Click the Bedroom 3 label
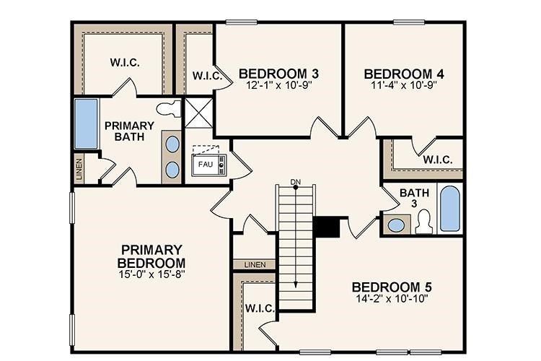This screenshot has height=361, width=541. pos(278,73)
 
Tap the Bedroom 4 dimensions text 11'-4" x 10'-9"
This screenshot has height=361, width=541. pos(403,84)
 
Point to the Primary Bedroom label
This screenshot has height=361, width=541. pos(152,255)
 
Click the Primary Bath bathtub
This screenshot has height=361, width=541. pos(86,124)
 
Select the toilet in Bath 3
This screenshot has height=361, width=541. pos(423,221)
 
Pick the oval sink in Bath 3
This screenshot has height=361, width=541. pos(396,225)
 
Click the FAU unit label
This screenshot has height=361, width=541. pos(205,164)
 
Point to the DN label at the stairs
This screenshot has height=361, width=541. pos(295,180)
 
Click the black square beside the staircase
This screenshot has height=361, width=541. pos(327,227)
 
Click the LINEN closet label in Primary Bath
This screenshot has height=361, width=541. pos(79,170)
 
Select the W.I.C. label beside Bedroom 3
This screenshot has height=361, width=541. pos(206,75)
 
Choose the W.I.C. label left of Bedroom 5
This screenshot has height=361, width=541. pos(259,308)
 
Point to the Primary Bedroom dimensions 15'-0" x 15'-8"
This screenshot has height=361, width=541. pos(152,274)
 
